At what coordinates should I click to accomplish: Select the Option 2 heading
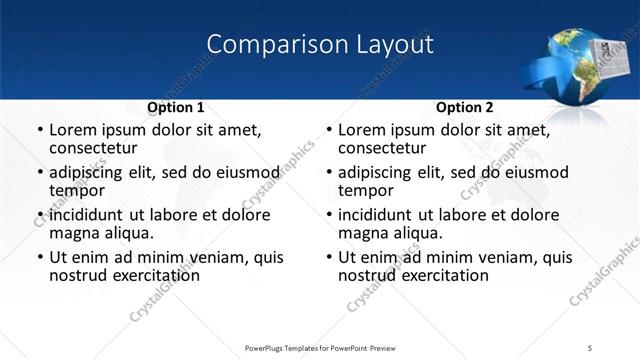(x=464, y=107)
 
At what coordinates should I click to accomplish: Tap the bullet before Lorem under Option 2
(x=328, y=130)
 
